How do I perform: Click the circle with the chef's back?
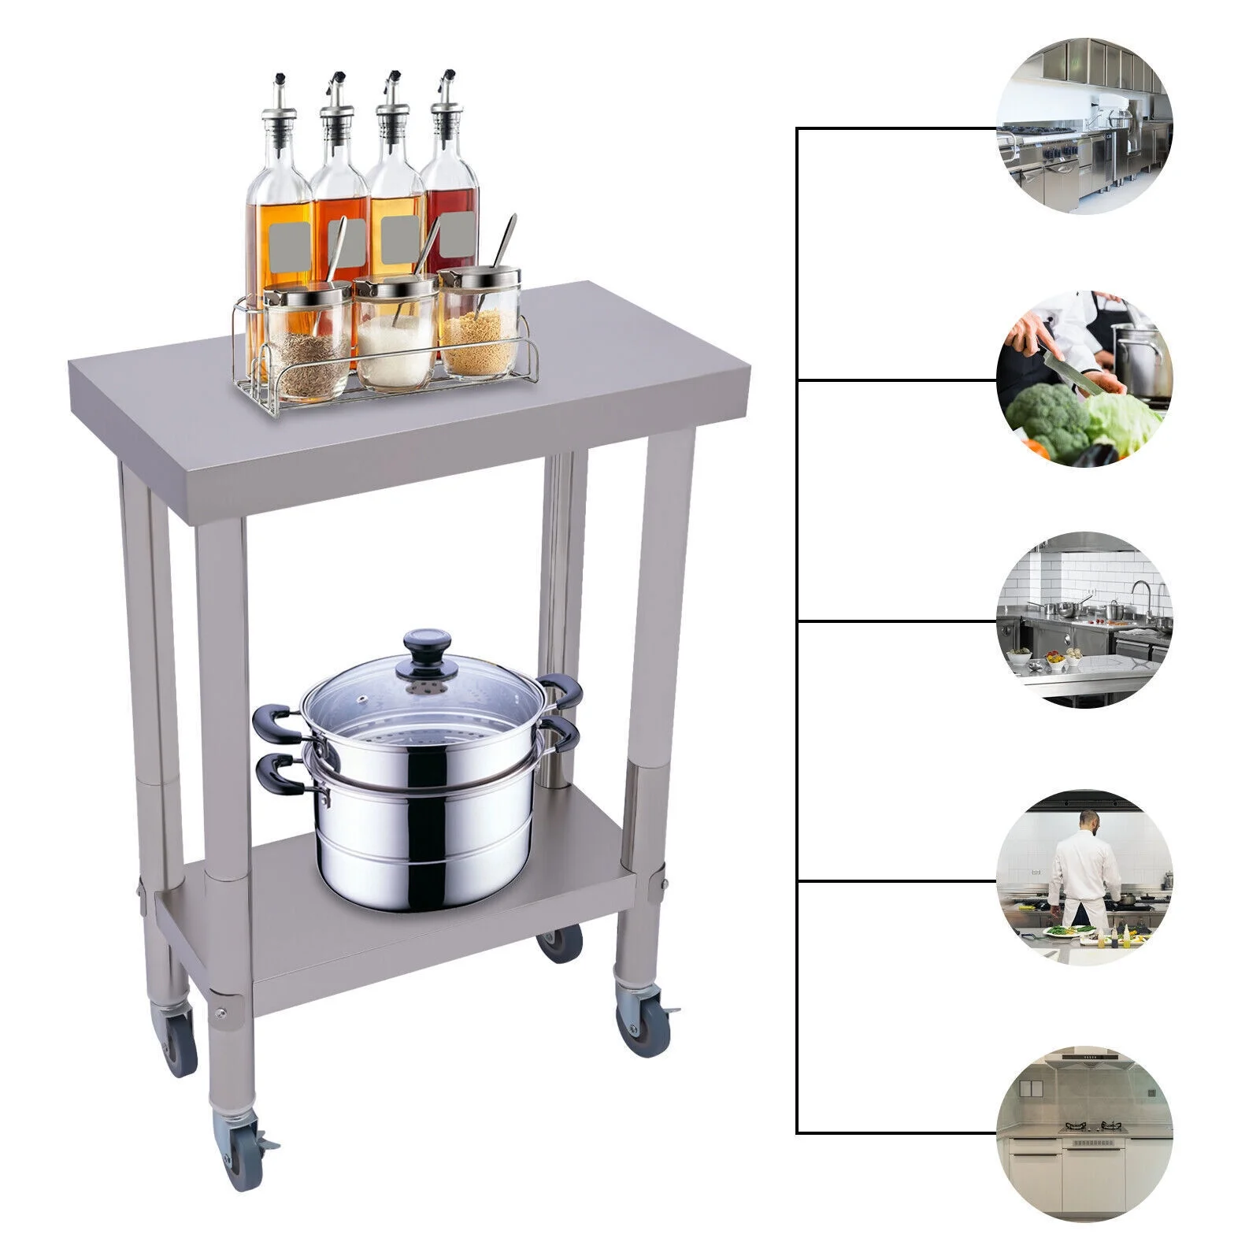tap(1084, 878)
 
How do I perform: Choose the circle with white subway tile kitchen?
tap(1084, 621)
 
